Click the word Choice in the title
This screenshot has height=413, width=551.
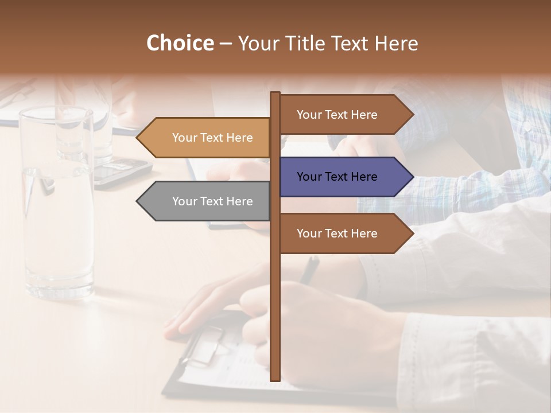(x=180, y=44)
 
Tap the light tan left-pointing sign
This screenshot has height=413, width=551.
(x=207, y=138)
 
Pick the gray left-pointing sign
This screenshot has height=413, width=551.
(x=207, y=201)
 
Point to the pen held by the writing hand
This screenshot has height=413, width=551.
(x=311, y=270)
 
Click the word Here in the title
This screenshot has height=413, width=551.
(x=396, y=44)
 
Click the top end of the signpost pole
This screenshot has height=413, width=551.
(x=275, y=94)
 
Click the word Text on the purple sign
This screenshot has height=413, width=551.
(x=337, y=177)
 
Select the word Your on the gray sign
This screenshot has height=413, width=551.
(x=184, y=201)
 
